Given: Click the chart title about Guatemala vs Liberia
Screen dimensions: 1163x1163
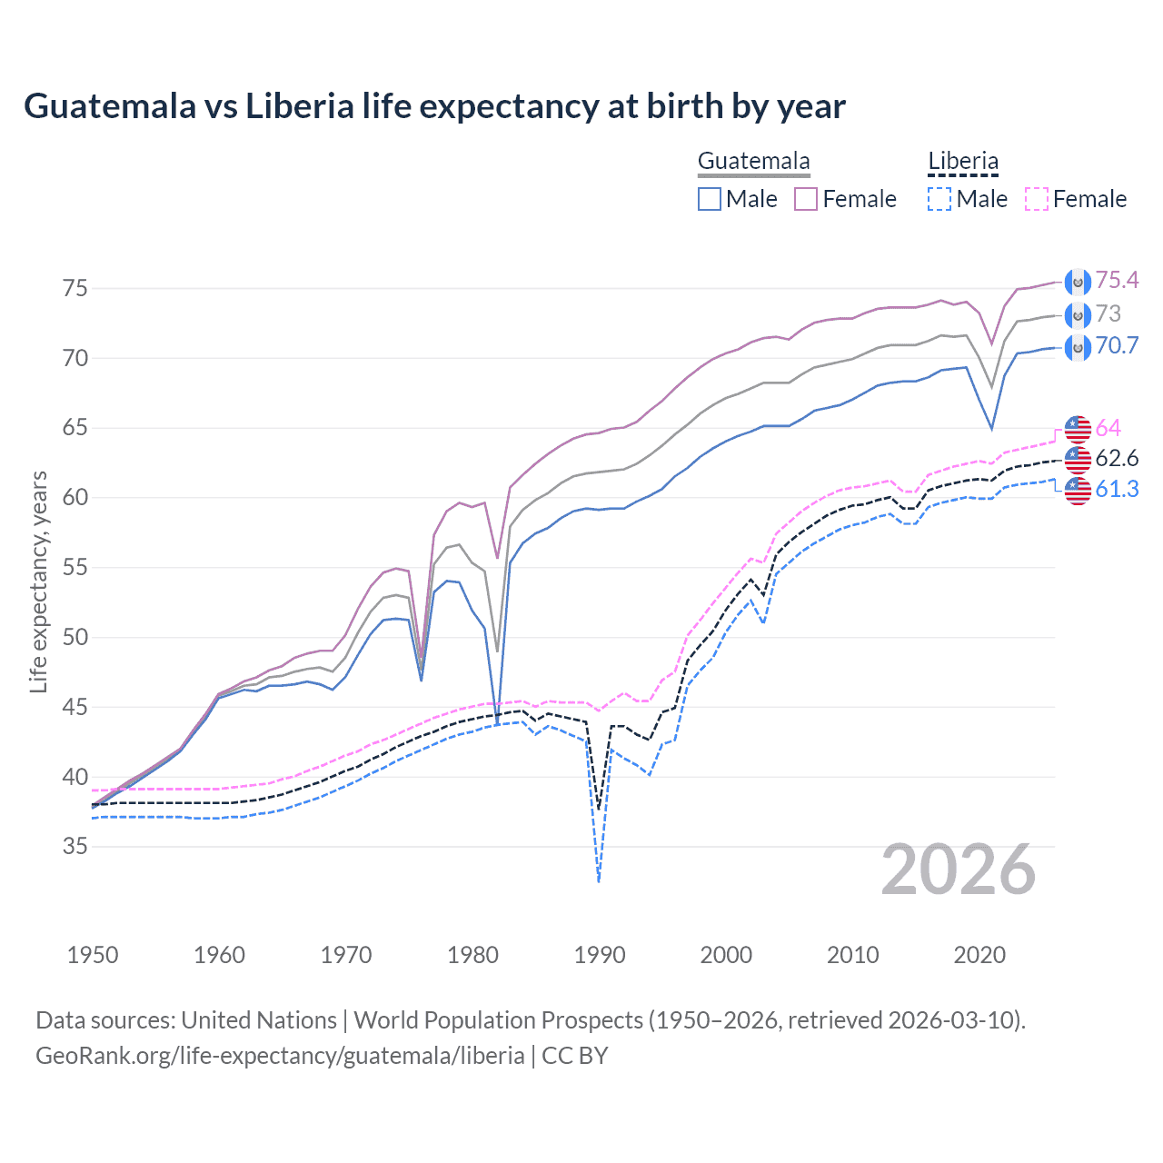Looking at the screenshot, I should (x=434, y=106).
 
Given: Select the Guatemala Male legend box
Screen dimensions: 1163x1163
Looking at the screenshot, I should (x=710, y=199).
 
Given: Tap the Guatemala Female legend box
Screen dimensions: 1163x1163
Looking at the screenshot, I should (x=806, y=199).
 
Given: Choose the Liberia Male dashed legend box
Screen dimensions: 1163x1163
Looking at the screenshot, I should (x=939, y=199).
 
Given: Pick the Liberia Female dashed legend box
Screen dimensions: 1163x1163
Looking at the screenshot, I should (x=1036, y=199).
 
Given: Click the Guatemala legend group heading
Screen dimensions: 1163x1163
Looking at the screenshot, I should (x=753, y=162).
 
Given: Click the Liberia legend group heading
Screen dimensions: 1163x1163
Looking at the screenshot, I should (x=963, y=162).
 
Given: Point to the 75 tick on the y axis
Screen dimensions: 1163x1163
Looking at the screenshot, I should (x=75, y=289).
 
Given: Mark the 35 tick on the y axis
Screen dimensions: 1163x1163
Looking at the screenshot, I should (x=75, y=847).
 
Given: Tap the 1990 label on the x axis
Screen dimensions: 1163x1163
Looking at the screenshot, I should (x=600, y=955).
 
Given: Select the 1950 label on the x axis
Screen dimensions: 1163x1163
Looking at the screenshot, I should (x=93, y=955).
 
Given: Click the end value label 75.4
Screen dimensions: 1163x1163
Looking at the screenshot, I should (x=1117, y=281).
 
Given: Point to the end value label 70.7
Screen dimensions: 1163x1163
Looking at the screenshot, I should (x=1117, y=346).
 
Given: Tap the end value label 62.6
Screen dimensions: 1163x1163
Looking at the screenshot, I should (x=1117, y=458).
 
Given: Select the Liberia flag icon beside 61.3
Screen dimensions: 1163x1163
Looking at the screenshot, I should (x=1078, y=491).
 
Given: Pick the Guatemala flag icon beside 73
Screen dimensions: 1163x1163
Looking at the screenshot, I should (x=1078, y=315).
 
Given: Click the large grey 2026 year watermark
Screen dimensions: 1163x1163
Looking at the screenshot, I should (x=959, y=870).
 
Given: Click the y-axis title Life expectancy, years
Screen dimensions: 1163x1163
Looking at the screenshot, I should (x=38, y=581).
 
